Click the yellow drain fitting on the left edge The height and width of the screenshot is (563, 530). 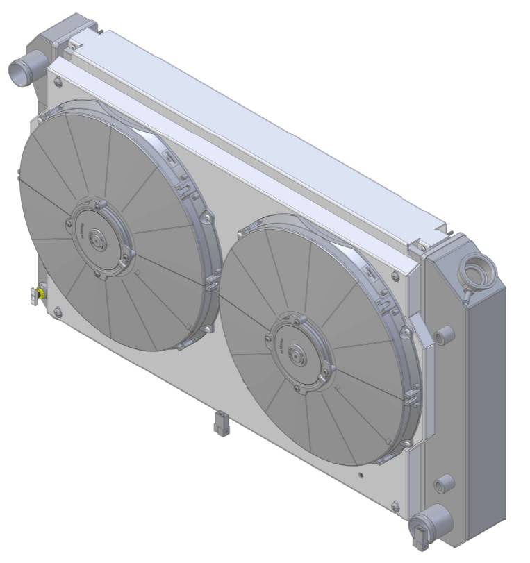point(42,294)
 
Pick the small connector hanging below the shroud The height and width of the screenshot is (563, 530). point(222,423)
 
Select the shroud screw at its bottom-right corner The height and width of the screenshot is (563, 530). point(395,505)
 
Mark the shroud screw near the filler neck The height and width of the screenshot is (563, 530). point(422,248)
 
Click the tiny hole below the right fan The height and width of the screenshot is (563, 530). point(361,476)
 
